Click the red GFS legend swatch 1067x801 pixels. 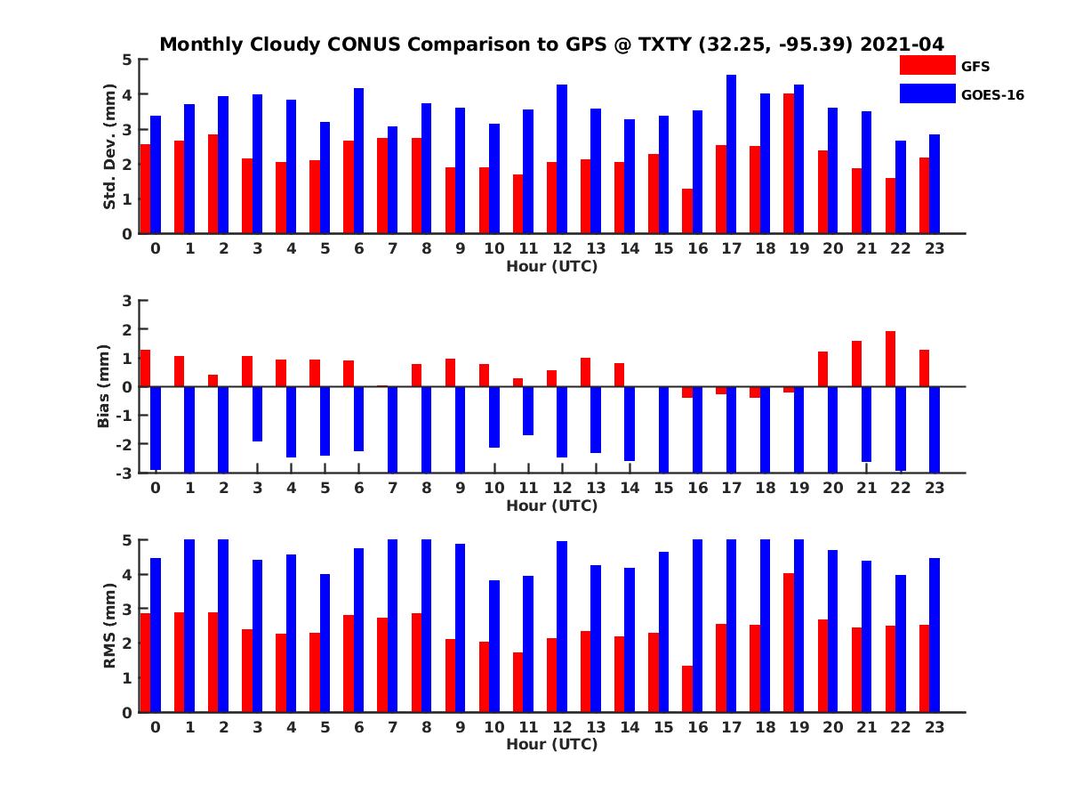coord(927,65)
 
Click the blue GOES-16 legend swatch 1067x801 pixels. coord(927,93)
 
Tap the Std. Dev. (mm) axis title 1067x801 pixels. coord(110,147)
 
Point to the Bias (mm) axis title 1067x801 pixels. coord(105,386)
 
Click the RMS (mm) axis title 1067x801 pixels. coord(110,626)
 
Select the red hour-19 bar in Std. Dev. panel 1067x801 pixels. coord(788,164)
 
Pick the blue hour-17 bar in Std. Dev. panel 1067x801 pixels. coord(731,154)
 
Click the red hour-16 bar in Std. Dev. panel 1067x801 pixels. coord(686,211)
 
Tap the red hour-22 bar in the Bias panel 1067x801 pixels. coord(890,359)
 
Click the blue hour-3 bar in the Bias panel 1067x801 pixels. coord(258,414)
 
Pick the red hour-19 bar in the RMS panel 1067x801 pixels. coord(788,643)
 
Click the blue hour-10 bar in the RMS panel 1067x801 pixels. coord(494,646)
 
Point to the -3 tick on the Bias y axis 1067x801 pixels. coord(124,473)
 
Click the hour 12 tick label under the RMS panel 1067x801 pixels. coord(562,727)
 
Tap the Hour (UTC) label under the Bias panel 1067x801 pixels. coord(551,506)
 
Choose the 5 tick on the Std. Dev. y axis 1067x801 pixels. coord(128,60)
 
